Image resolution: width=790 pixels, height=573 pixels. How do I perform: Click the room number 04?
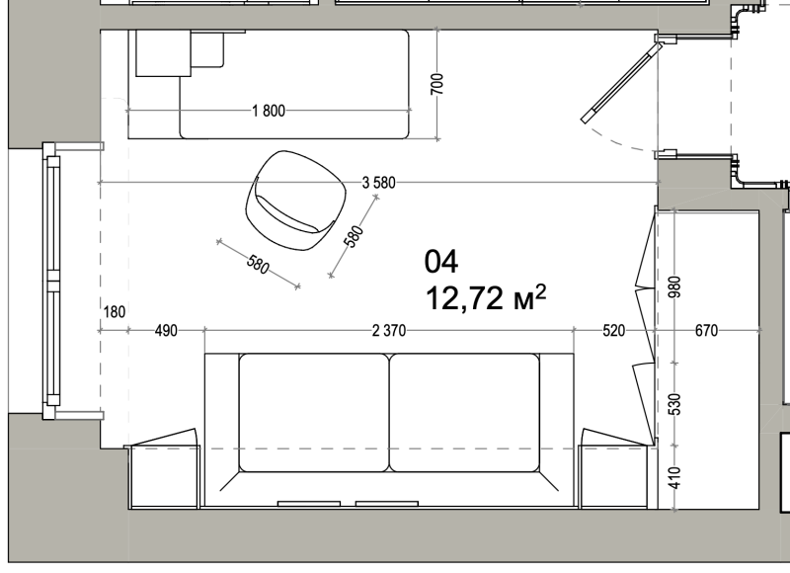441,262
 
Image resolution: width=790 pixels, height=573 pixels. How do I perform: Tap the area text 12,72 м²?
486,297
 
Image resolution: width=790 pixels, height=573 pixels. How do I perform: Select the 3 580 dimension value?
379,183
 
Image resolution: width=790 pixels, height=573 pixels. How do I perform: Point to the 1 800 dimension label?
269,111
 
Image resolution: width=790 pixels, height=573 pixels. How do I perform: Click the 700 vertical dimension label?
437,84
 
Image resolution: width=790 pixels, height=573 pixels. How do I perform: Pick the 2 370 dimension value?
389,331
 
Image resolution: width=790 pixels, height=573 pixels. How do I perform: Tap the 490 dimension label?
166,331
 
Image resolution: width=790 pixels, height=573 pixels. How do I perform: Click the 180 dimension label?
115,312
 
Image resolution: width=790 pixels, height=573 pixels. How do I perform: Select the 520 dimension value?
613,331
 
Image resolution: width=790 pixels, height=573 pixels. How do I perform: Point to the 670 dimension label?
706,331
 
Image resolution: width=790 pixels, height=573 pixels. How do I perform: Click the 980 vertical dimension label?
674,286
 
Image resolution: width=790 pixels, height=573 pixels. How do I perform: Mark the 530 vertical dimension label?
674,404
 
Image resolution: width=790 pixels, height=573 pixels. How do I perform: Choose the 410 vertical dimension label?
674,478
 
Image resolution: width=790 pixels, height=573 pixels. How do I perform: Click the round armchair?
296,201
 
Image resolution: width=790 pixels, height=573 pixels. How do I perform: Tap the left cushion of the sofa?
314,413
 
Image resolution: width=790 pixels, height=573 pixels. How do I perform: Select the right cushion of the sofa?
464,413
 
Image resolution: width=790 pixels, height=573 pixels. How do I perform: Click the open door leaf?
622,83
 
